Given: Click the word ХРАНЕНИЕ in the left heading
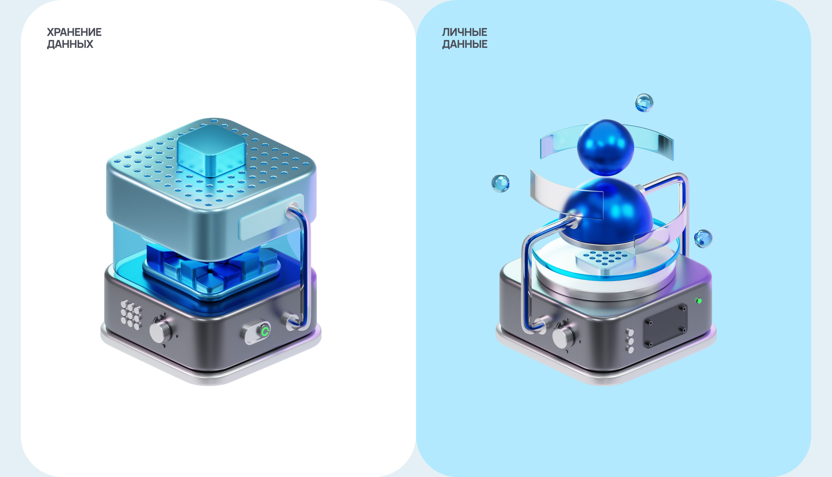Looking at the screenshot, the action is coord(74,32).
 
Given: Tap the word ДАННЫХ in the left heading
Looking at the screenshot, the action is coord(70,44).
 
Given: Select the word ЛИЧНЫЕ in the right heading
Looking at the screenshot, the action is coord(465,32).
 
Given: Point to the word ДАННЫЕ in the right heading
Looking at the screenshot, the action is coord(465,44).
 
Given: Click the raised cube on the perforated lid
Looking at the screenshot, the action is coord(212,151).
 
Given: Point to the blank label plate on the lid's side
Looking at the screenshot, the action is coord(272,217).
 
